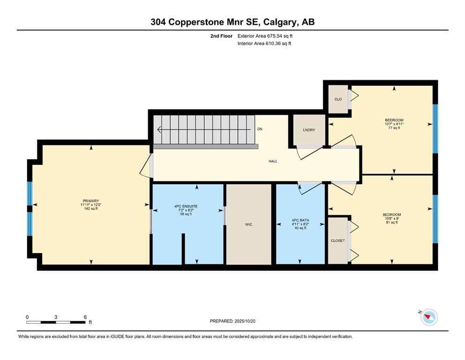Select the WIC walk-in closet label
pyautogui.click(x=249, y=225)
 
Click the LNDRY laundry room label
pyautogui.click(x=309, y=130)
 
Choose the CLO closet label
pyautogui.click(x=338, y=99)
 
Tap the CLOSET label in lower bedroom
pyautogui.click(x=338, y=240)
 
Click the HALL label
pyautogui.click(x=273, y=161)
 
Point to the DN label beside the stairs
pyautogui.click(x=260, y=129)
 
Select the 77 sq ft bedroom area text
pyautogui.click(x=394, y=128)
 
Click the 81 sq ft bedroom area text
pyautogui.click(x=391, y=222)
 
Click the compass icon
pyautogui.click(x=428, y=317)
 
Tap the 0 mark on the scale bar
pyautogui.click(x=27, y=317)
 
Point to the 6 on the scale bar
pyautogui.click(x=85, y=317)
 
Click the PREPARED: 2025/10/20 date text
pyautogui.click(x=232, y=321)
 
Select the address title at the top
pyautogui.click(x=232, y=22)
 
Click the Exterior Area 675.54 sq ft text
pyautogui.click(x=266, y=36)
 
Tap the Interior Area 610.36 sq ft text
pyautogui.click(x=265, y=44)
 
